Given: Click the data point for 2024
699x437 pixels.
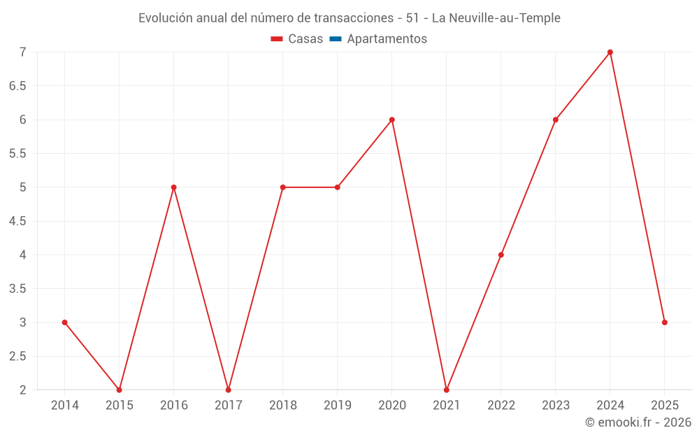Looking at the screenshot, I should point(610,52).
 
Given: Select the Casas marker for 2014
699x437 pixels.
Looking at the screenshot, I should point(64,322).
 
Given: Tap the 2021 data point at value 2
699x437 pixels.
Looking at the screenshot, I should point(447,389).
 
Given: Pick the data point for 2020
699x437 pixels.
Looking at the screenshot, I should point(392,120).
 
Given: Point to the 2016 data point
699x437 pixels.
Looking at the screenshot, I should point(173,187).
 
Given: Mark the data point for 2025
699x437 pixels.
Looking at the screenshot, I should point(665,322).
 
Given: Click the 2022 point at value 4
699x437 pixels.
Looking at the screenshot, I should point(501,255).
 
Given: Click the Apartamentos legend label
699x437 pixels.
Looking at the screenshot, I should point(387,39).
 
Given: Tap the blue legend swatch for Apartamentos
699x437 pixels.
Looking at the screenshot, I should point(335,39).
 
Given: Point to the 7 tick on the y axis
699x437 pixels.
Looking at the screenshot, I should point(22,52).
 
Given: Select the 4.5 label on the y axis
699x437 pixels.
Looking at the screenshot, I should point(17,221).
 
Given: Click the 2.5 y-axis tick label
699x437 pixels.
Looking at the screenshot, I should point(17,356).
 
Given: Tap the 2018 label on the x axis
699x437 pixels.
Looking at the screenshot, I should point(282,406).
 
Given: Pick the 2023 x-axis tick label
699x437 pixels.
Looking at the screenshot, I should point(556,406).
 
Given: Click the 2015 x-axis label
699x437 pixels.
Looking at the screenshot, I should point(119,406).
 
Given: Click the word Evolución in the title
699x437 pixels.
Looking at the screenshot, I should point(166,18).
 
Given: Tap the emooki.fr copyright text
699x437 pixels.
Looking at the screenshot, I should point(637,422).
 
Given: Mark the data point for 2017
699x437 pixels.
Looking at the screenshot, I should point(228,389).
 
